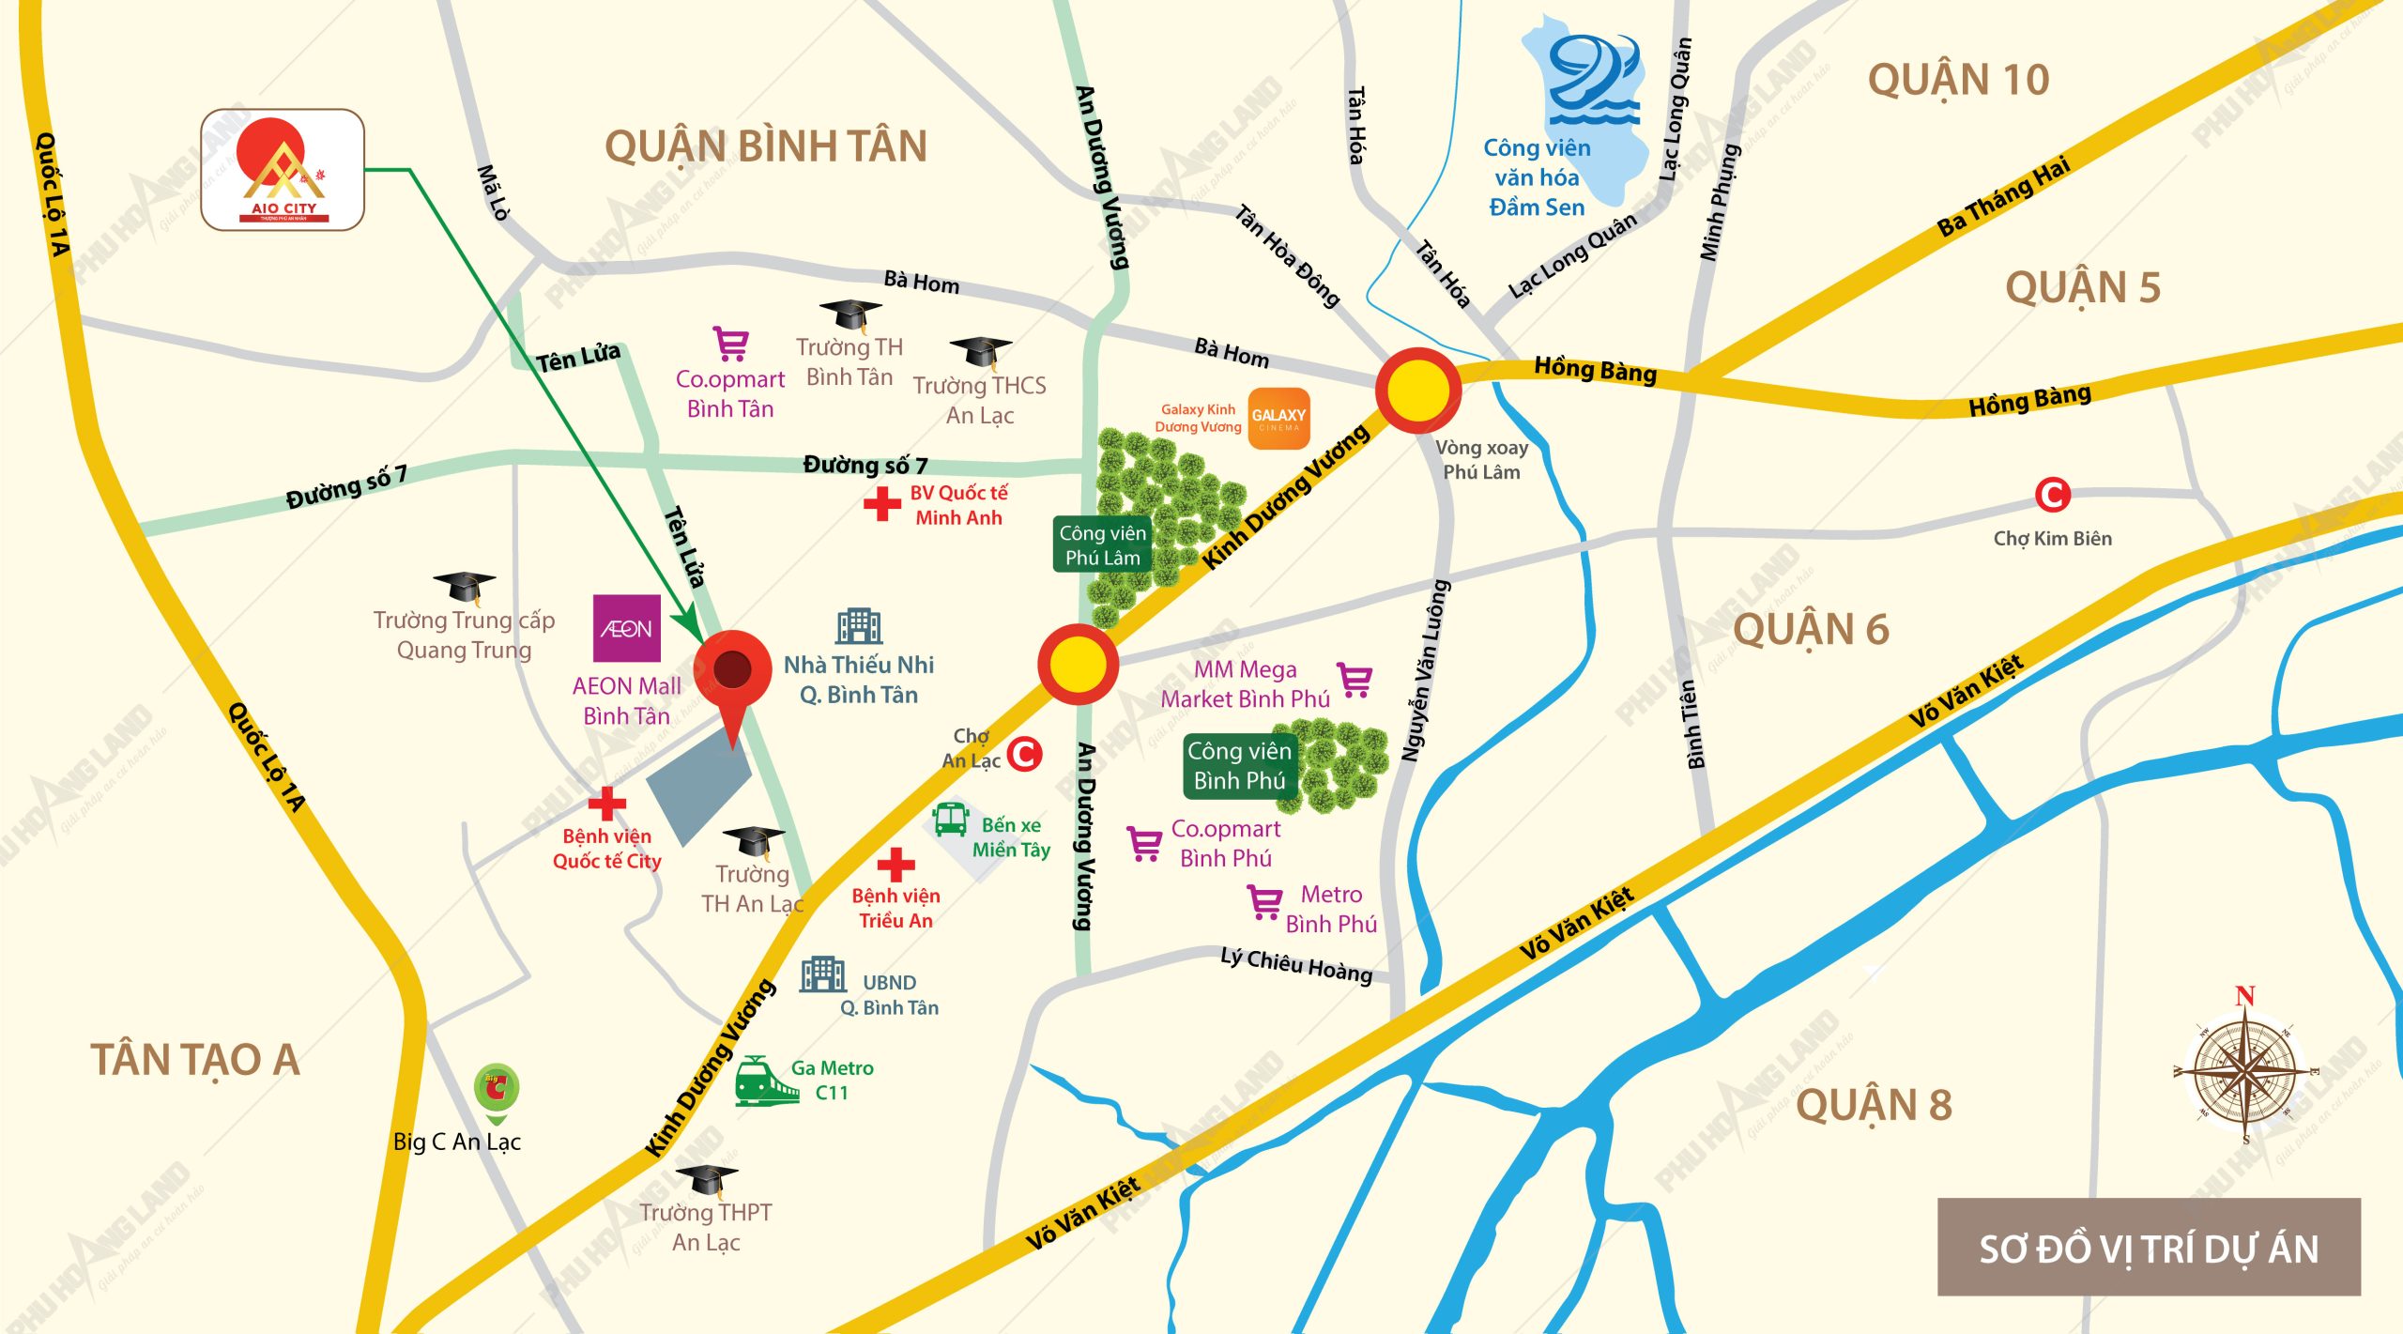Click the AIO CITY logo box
(x=282, y=170)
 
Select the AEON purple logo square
(x=626, y=628)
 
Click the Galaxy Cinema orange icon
(x=1278, y=419)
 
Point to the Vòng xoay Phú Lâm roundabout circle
(x=1418, y=390)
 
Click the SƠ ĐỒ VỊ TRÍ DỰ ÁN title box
(x=2148, y=1248)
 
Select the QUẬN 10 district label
(x=1958, y=80)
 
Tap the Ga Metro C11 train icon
(x=764, y=1081)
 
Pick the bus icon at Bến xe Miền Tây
(x=951, y=820)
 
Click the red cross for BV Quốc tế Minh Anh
(x=882, y=504)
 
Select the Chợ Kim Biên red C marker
(x=2052, y=495)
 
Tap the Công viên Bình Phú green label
(x=1239, y=766)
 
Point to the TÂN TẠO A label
(x=195, y=1060)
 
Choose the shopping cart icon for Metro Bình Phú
(x=1264, y=903)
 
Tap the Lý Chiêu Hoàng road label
(x=1296, y=965)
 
